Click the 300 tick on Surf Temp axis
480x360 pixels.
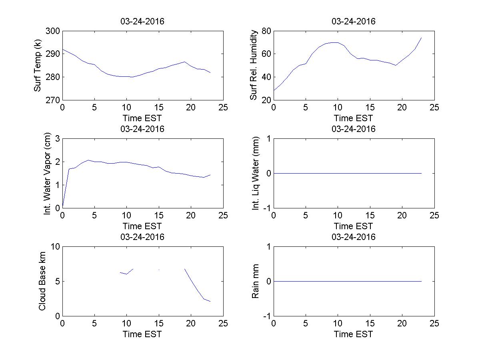(x=53, y=31)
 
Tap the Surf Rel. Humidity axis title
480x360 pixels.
(x=253, y=66)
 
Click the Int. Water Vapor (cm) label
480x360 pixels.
(x=48, y=173)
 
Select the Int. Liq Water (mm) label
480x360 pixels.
(x=256, y=173)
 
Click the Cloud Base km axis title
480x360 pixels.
(x=42, y=281)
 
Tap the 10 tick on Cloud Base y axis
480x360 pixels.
(x=55, y=247)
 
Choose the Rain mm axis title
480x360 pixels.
(x=255, y=281)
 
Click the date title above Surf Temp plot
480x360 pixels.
(x=142, y=22)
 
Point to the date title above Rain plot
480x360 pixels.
(x=354, y=237)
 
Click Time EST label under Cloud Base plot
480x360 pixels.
(x=142, y=334)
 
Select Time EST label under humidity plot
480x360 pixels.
(x=354, y=118)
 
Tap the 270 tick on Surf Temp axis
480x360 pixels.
(x=53, y=100)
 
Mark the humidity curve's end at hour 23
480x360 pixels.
(x=422, y=38)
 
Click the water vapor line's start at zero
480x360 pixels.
(x=63, y=207)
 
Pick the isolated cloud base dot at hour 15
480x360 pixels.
(x=159, y=270)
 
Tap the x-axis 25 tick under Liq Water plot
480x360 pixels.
(x=434, y=216)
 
